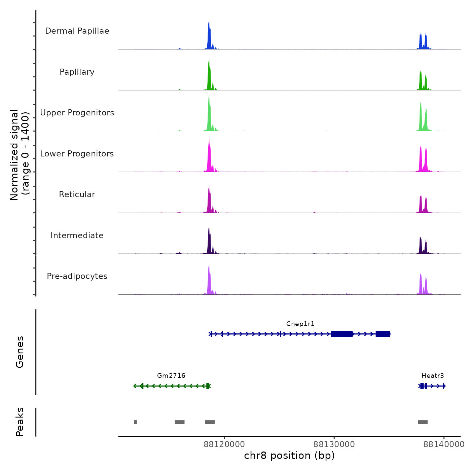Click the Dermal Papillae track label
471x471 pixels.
77,31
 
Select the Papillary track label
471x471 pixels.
77,72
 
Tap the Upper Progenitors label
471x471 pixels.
77,113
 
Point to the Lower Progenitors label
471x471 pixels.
77,154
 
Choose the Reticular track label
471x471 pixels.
77,194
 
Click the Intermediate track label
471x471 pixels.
77,235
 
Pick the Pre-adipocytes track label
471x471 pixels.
77,276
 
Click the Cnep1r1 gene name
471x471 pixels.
300,324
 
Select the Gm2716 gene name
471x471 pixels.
171,375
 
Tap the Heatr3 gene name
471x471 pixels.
433,375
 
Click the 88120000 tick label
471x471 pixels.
224,444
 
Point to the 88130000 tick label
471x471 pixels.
334,444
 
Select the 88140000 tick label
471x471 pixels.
444,444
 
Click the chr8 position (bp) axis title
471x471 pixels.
289,456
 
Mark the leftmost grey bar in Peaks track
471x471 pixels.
135,422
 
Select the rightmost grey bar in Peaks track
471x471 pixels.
423,422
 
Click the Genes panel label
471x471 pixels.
20,352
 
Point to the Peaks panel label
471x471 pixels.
20,422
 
